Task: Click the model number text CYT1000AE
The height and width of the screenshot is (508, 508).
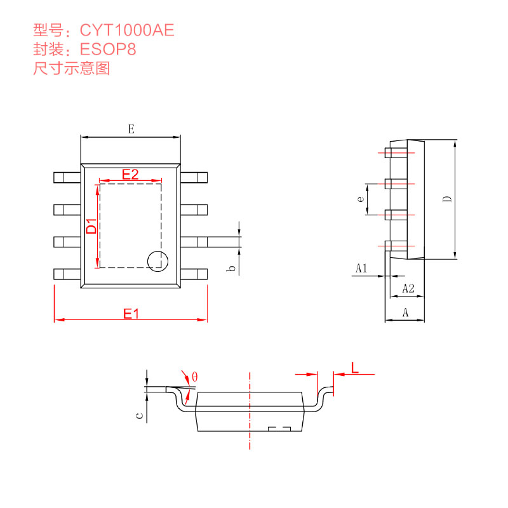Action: [x=126, y=30]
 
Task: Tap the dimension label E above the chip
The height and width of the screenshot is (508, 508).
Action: [x=131, y=129]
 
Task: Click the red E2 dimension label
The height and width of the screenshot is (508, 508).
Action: [x=130, y=174]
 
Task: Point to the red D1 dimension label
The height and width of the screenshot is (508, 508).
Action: [x=91, y=226]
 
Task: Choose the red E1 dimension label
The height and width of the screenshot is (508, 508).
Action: [x=131, y=313]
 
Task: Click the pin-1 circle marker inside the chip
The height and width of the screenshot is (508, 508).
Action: [x=156, y=260]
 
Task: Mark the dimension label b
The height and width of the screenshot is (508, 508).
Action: [x=232, y=269]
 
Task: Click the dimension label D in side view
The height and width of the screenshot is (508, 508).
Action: [x=447, y=199]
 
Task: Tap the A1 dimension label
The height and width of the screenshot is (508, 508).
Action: [x=361, y=268]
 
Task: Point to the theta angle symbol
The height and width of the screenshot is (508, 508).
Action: [x=194, y=377]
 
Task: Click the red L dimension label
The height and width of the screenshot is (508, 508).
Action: [x=355, y=367]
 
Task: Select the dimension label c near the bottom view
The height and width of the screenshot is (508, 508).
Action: [x=139, y=416]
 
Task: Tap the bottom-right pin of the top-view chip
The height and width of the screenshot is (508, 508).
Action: [x=194, y=274]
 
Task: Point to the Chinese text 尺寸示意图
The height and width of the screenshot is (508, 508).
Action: [x=71, y=69]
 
